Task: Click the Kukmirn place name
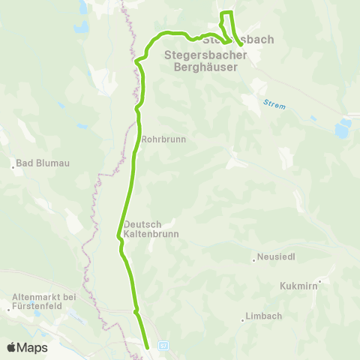pyautogui.click(x=297, y=286)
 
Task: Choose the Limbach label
pyautogui.click(x=265, y=316)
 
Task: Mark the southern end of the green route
pyautogui.click(x=147, y=346)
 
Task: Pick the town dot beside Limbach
pyautogui.click(x=242, y=319)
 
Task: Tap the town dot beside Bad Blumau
pyautogui.click(x=13, y=166)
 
